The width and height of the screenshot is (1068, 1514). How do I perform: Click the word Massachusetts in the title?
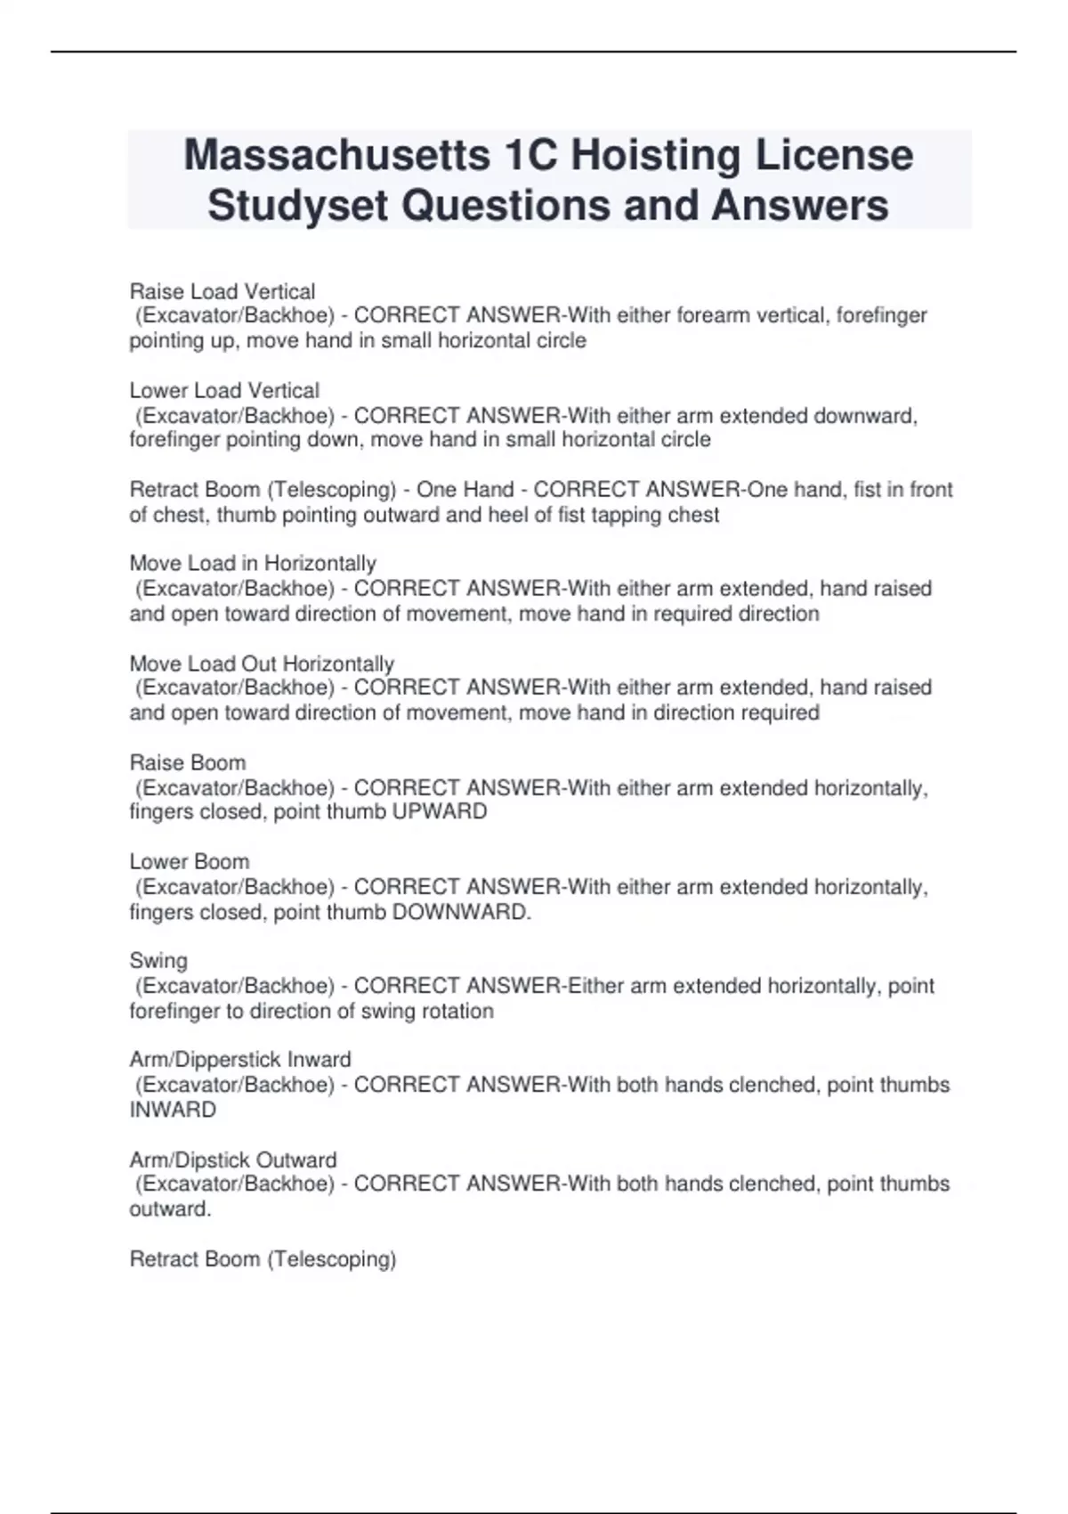coord(336,155)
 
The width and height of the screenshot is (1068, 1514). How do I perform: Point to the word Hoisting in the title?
coord(656,155)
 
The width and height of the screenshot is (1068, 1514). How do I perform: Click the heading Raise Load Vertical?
coord(222,291)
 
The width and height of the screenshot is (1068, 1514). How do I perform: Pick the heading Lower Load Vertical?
coord(224,390)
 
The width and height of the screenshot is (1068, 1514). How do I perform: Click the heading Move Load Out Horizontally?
coord(262,663)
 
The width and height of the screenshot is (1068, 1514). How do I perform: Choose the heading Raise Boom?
coord(188,762)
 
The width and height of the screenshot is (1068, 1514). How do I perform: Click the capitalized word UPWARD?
coord(440,812)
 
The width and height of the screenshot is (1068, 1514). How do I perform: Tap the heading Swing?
coord(158,960)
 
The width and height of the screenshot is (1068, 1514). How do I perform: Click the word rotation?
coord(451,1011)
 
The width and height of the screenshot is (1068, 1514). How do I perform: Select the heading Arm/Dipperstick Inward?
coord(240,1059)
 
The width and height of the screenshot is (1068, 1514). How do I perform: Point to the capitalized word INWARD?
coord(173,1110)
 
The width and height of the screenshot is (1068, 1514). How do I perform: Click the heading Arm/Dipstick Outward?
coord(233,1160)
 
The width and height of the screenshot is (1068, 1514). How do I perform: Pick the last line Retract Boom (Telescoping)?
coord(263,1258)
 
